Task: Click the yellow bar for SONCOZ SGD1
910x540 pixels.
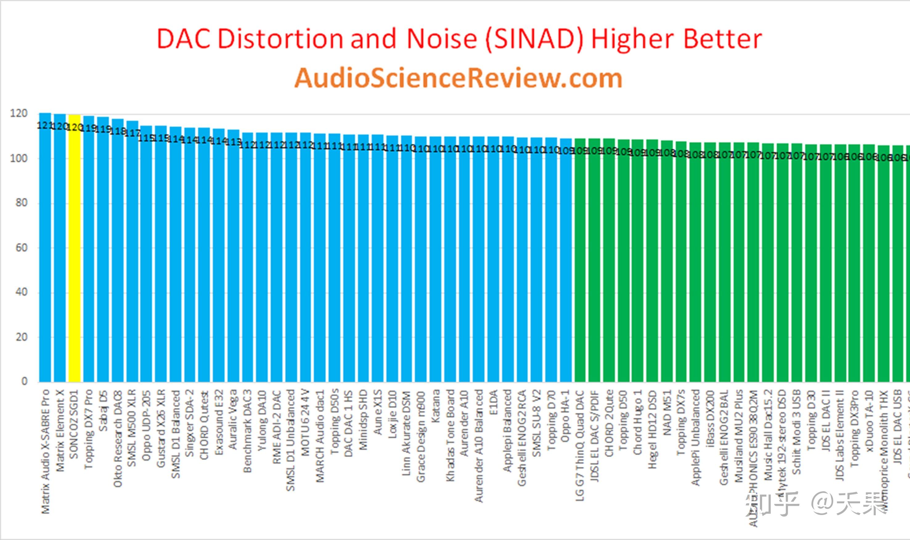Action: coord(74,255)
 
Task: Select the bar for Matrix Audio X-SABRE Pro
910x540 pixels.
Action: coord(45,255)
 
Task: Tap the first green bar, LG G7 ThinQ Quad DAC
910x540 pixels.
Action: coord(580,262)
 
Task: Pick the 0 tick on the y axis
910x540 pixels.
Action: coord(24,381)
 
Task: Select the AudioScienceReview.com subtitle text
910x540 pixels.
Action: coord(458,78)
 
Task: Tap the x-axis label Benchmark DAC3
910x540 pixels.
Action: coord(247,431)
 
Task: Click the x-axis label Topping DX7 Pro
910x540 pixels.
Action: coord(89,429)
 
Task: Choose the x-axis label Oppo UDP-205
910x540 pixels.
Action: coord(146,426)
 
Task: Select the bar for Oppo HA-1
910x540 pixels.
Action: coord(566,262)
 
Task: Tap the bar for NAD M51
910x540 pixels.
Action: coord(667,262)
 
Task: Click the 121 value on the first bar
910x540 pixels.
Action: coord(44,126)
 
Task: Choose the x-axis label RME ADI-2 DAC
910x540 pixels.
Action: coord(277,427)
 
